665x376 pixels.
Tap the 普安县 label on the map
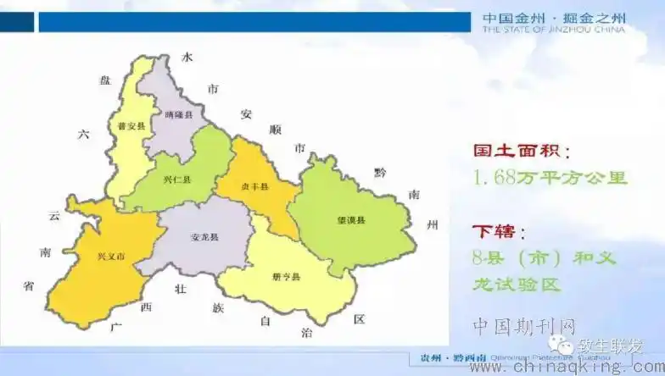coord(131,126)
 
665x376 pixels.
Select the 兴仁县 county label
coord(176,180)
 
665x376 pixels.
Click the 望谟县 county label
coord(350,220)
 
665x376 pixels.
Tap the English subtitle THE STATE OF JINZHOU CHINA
coord(553,30)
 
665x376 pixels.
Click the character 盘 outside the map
coord(105,80)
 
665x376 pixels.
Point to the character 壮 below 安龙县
coord(179,289)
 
